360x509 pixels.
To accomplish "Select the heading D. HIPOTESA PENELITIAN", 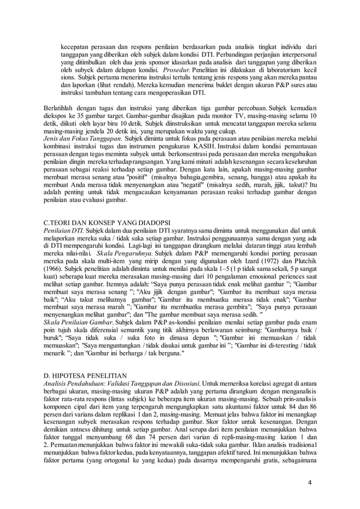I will coord(87,375).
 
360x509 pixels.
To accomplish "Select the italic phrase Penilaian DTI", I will coord(63,231).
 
